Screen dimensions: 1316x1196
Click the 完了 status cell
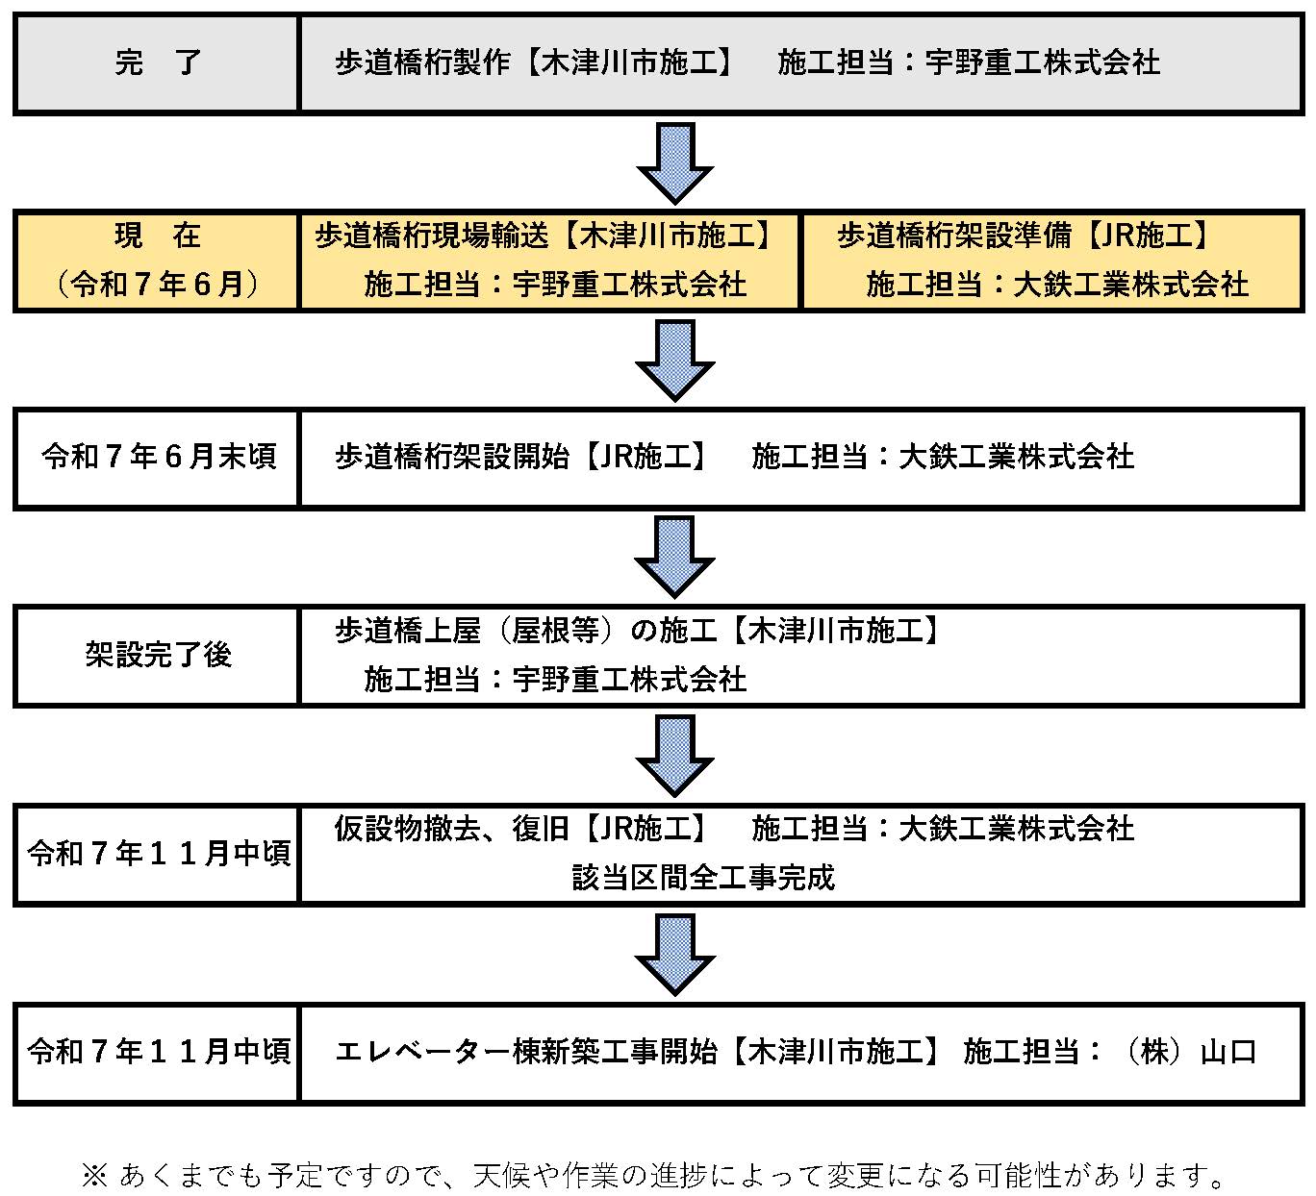click(158, 63)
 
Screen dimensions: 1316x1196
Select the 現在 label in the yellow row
click(158, 236)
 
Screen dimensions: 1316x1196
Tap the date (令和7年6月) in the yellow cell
click(158, 285)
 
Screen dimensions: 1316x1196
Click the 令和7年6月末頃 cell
click(158, 457)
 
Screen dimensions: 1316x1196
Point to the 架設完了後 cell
click(158, 655)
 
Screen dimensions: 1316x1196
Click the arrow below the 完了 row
click(675, 162)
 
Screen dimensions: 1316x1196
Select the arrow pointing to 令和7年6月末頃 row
click(675, 361)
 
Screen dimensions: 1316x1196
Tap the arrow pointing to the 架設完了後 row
click(675, 557)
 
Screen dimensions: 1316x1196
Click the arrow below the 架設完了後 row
click(675, 756)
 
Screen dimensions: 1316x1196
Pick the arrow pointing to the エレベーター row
click(675, 955)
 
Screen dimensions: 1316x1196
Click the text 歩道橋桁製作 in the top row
click(422, 62)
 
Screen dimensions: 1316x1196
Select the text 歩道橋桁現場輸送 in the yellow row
click(432, 236)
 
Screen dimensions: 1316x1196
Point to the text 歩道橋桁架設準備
click(954, 236)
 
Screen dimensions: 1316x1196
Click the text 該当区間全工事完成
click(704, 878)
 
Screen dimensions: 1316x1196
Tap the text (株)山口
click(1188, 1052)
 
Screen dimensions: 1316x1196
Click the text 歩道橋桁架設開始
click(452, 457)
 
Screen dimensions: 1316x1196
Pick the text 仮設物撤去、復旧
click(452, 829)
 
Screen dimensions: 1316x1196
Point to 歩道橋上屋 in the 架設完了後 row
click(408, 631)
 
